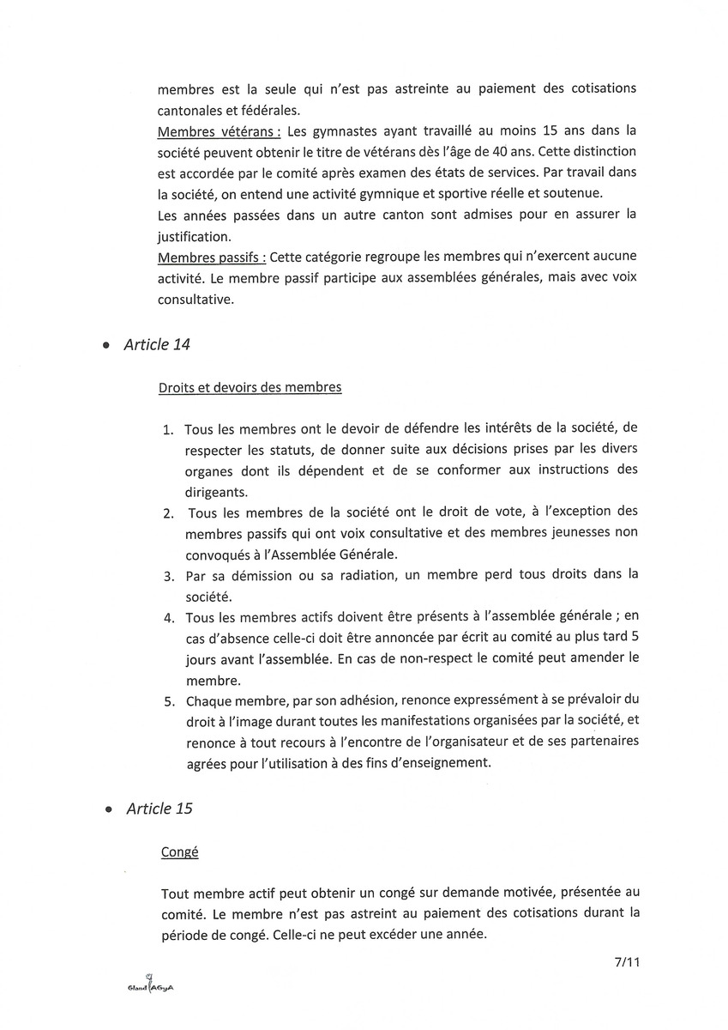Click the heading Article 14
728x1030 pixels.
[157, 344]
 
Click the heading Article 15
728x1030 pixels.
[159, 809]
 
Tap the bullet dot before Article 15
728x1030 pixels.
[108, 810]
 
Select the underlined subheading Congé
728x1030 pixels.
[179, 852]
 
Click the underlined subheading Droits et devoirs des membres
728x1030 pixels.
[250, 387]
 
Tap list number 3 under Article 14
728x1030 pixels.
[169, 573]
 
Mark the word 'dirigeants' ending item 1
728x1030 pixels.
[214, 492]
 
